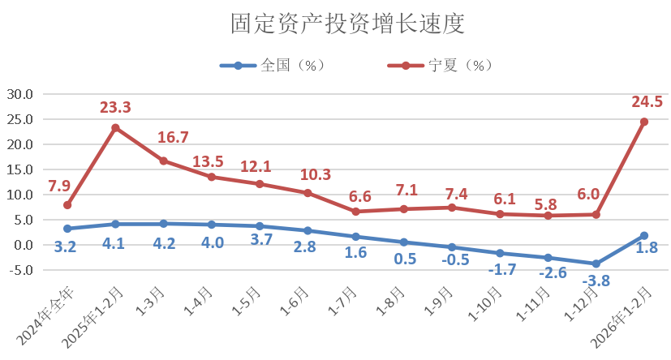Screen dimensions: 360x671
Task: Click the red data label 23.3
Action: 115,107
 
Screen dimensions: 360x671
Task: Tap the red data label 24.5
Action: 647,101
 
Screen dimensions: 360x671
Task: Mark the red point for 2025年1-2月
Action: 115,128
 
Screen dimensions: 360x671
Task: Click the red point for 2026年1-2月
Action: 644,122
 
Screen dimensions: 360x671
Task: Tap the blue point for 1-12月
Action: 596,264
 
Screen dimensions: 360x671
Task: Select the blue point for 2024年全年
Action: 67,229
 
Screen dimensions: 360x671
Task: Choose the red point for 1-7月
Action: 355,212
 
